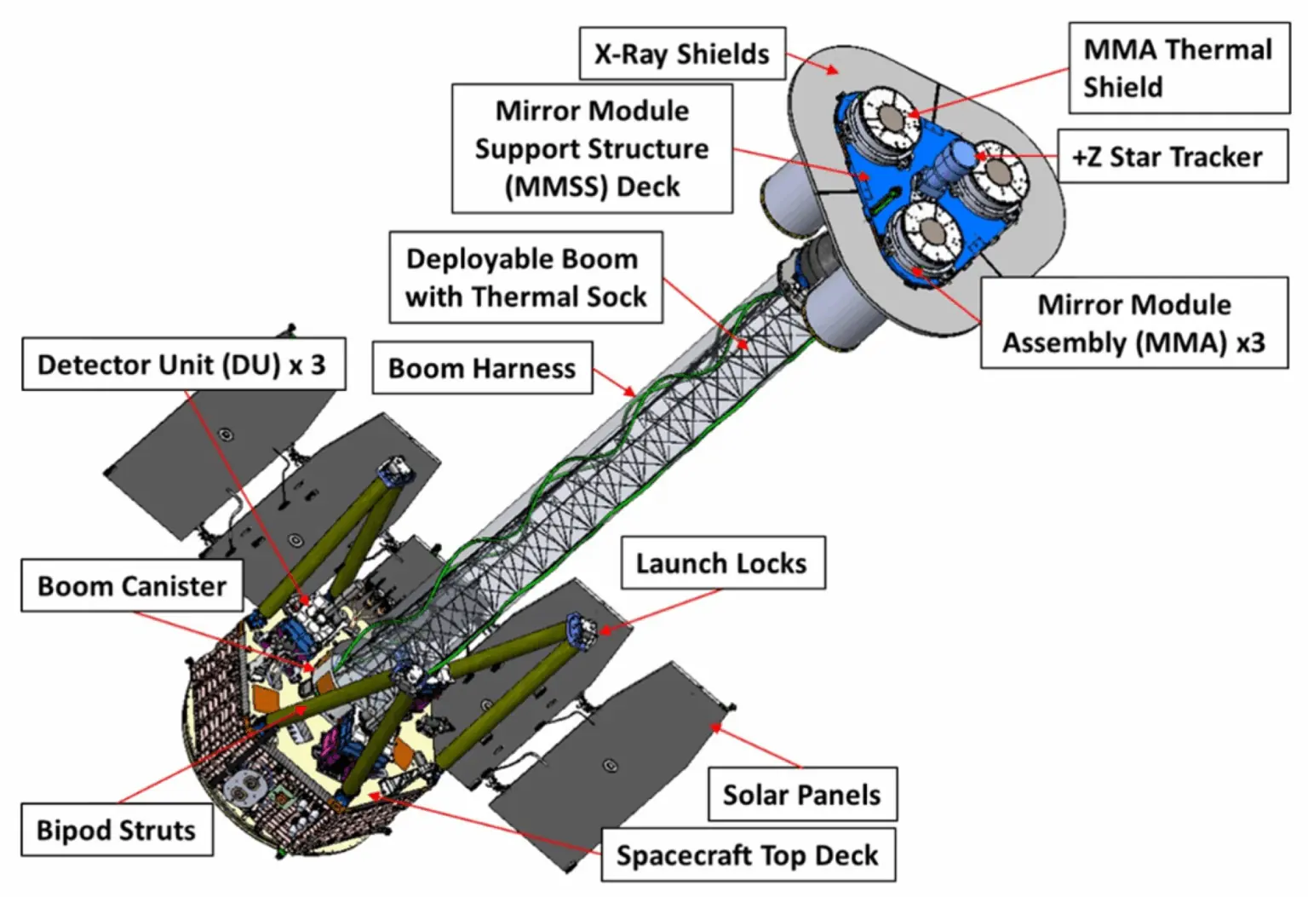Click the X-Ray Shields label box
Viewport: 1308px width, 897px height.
point(682,53)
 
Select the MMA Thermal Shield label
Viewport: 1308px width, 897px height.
point(1179,68)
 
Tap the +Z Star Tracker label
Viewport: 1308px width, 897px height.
point(1173,157)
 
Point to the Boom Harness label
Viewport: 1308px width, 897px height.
point(482,368)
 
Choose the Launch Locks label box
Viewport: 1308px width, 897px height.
point(723,563)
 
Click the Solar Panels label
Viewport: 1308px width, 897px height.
point(802,794)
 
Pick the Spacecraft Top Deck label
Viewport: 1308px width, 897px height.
point(748,855)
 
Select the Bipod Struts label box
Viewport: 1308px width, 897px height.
point(117,830)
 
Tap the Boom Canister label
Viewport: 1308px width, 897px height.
point(132,586)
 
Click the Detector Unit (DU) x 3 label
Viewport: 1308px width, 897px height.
point(183,364)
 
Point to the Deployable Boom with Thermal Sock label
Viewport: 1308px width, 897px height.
point(525,277)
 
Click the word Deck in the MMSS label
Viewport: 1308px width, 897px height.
point(648,187)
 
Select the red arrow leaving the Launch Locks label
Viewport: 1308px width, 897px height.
point(661,611)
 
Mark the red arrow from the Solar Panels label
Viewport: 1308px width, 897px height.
point(755,745)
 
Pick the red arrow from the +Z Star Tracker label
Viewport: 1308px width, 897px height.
point(1016,156)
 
